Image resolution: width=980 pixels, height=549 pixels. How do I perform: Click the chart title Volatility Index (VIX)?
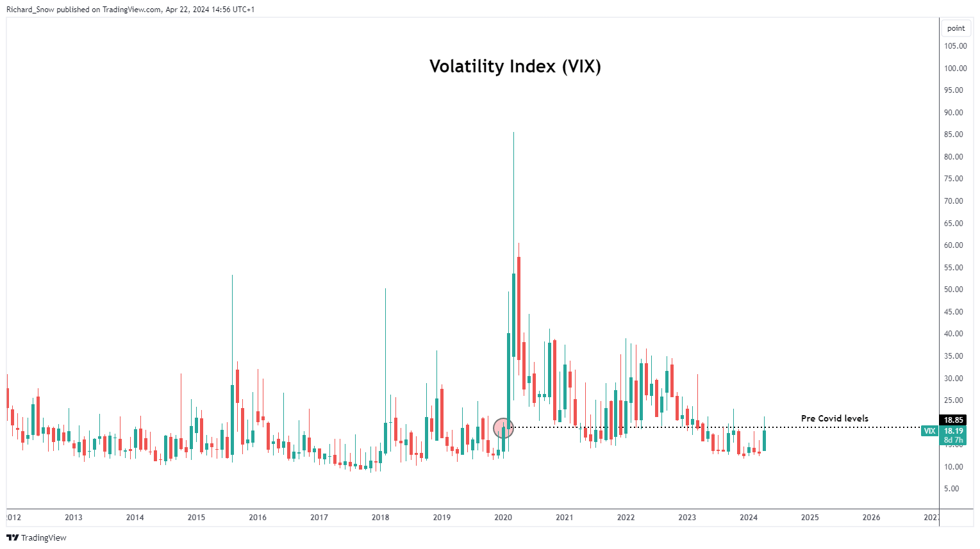coord(515,67)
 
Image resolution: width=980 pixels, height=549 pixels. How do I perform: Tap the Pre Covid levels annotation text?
coord(835,418)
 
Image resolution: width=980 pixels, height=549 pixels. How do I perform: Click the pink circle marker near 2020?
coord(504,427)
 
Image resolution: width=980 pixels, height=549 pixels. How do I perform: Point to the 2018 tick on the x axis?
coord(380,518)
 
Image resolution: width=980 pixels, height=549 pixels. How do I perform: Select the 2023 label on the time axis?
coord(687,518)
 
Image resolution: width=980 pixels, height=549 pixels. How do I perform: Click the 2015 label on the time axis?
coord(196,518)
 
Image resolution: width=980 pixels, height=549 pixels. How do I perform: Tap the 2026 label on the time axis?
coord(871,518)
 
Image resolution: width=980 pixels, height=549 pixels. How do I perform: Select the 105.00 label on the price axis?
coord(955,46)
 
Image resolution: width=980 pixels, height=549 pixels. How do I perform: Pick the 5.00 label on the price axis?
coord(952,489)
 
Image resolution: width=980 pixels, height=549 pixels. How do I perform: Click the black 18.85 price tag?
coord(953,420)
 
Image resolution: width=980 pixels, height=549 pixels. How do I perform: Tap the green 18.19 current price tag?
coord(953,431)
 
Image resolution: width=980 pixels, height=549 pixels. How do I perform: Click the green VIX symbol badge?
coord(929,431)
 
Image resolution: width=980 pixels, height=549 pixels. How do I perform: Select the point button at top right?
coord(956,28)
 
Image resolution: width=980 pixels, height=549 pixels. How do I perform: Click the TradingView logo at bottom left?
coord(37,537)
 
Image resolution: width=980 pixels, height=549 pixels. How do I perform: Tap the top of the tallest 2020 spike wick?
coord(513,133)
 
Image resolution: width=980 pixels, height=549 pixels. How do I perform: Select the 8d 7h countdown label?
coord(953,440)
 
